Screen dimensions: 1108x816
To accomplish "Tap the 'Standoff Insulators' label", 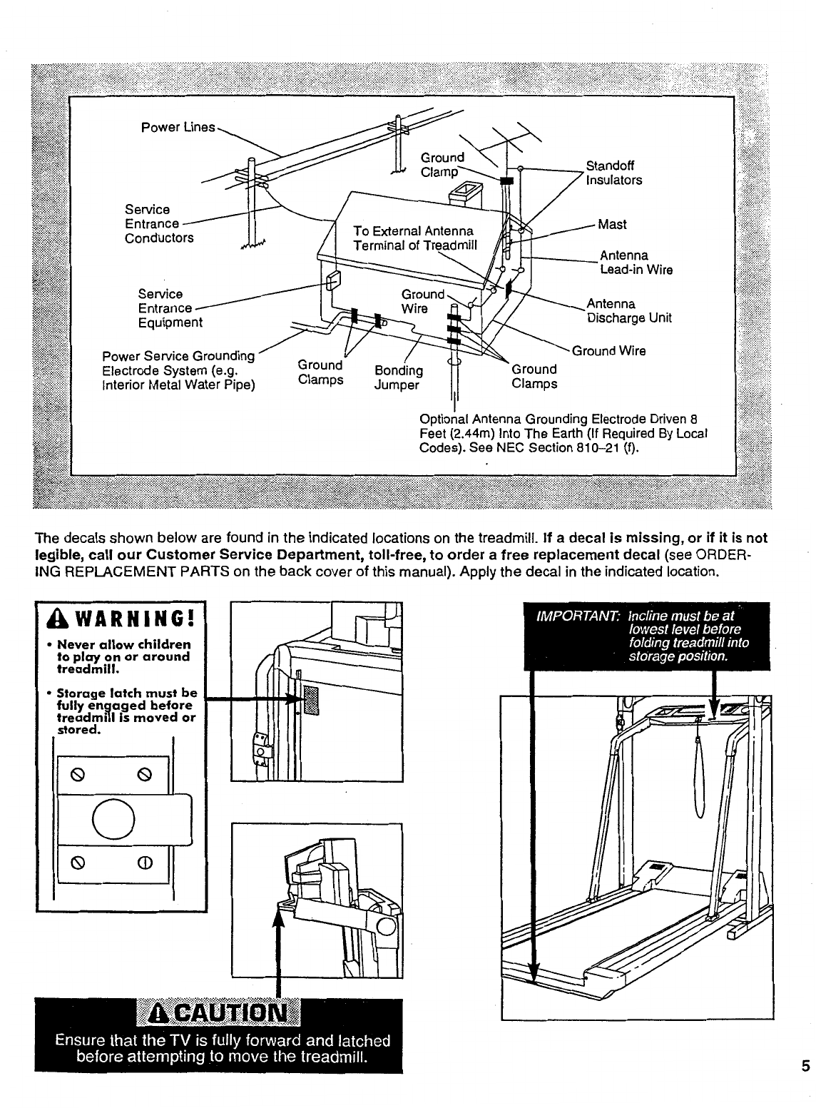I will (613, 173).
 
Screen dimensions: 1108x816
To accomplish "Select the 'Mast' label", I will (612, 225).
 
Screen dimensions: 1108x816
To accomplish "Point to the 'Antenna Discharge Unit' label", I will (628, 311).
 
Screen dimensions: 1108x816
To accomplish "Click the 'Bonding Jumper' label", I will (399, 377).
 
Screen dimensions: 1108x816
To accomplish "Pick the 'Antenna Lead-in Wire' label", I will (636, 263).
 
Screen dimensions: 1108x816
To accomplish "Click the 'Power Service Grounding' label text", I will (178, 356).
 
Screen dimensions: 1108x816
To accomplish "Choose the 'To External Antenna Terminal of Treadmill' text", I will (413, 238).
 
